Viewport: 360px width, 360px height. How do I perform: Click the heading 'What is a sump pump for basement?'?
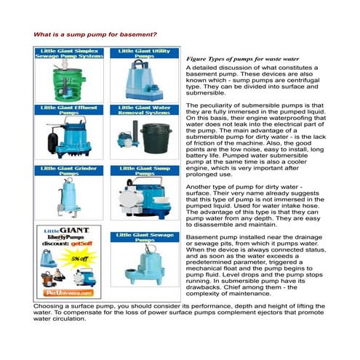pyautogui.click(x=95, y=34)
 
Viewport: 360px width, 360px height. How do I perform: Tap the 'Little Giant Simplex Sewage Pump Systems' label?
pyautogui.click(x=70, y=55)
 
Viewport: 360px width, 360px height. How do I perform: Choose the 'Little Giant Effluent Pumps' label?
pyautogui.click(x=70, y=111)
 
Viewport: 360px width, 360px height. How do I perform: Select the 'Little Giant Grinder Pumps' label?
pyautogui.click(x=70, y=172)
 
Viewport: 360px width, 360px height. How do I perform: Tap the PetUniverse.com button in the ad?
pyautogui.click(x=69, y=292)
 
